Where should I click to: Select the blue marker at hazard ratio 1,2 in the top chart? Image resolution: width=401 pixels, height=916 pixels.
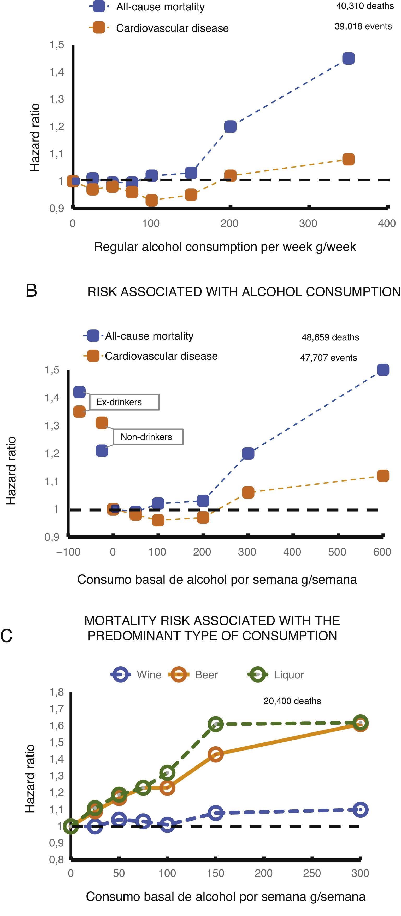[x=230, y=127]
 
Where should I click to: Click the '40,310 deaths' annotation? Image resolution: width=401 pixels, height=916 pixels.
[x=365, y=6]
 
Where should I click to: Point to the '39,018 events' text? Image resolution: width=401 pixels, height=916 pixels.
[x=363, y=26]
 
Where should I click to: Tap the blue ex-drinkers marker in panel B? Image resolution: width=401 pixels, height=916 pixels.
[x=79, y=392]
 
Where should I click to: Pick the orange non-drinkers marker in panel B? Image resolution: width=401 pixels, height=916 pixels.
[x=102, y=423]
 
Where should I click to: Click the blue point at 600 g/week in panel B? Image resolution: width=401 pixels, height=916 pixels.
[x=382, y=370]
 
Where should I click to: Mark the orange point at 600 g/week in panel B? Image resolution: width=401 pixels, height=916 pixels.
[x=382, y=476]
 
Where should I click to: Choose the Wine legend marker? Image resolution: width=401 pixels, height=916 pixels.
[x=121, y=674]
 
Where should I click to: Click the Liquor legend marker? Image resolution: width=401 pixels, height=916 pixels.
[x=257, y=674]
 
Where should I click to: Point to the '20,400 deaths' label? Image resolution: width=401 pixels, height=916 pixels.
[x=292, y=701]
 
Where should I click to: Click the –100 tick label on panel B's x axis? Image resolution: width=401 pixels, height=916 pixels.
[x=68, y=552]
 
